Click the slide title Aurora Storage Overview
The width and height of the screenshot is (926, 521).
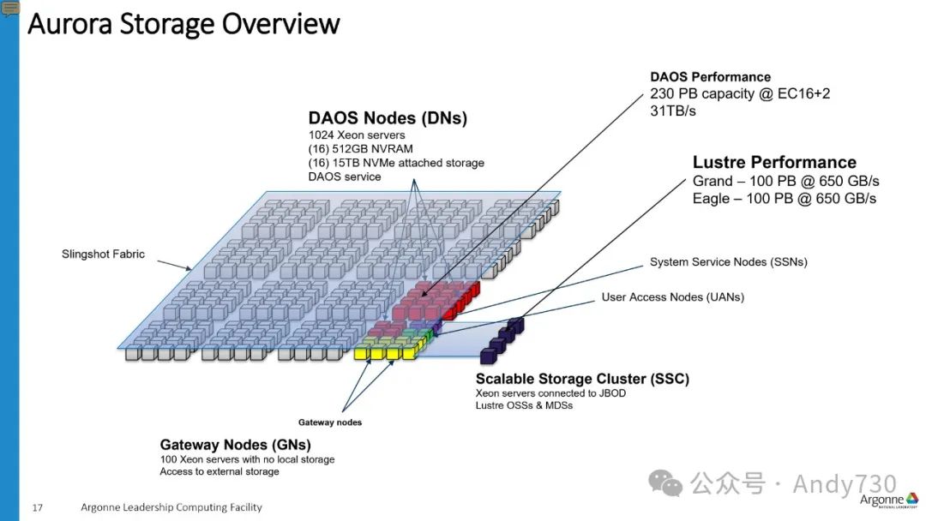pos(183,23)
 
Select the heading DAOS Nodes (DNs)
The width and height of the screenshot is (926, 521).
pos(388,119)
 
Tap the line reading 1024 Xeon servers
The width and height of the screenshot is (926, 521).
pos(357,135)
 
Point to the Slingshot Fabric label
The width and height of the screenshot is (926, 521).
pos(103,254)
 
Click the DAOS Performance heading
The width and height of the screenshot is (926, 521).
pos(710,77)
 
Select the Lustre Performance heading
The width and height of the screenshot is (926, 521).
pos(774,162)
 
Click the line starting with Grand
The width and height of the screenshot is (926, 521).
pos(785,182)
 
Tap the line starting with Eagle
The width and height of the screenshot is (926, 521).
pos(784,198)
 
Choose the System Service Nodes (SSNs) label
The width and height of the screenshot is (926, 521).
pos(728,261)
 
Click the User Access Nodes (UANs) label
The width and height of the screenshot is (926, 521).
pos(672,297)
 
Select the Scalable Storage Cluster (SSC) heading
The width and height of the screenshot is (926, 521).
pos(582,379)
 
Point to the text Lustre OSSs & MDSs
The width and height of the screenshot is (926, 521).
pos(524,405)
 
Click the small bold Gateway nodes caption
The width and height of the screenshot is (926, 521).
pos(329,422)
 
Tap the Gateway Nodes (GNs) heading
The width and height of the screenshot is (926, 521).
pos(235,445)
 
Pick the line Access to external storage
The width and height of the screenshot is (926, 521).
pos(219,471)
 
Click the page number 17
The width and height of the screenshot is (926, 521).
pos(38,507)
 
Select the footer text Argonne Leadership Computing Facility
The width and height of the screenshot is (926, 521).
pos(171,507)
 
